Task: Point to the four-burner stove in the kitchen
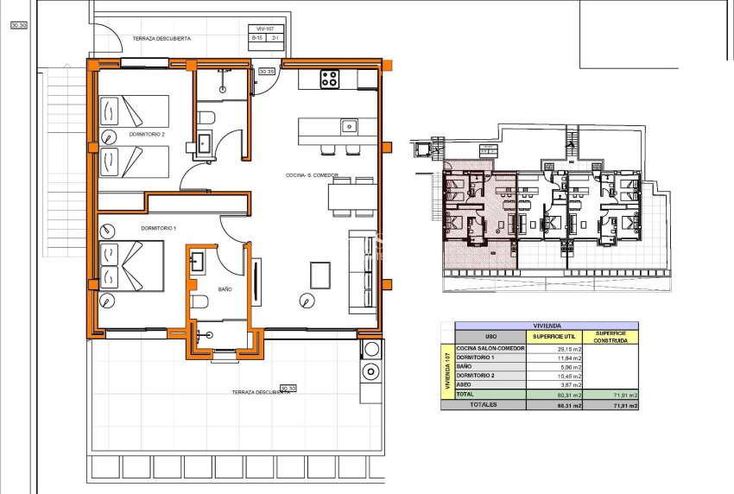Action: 330,79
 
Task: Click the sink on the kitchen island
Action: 349,126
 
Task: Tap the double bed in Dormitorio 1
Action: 131,266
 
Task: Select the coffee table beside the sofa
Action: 320,275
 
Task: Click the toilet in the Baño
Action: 200,301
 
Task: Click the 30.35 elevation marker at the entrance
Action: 268,72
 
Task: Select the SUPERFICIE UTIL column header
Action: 554,337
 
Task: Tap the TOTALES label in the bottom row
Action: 484,404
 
